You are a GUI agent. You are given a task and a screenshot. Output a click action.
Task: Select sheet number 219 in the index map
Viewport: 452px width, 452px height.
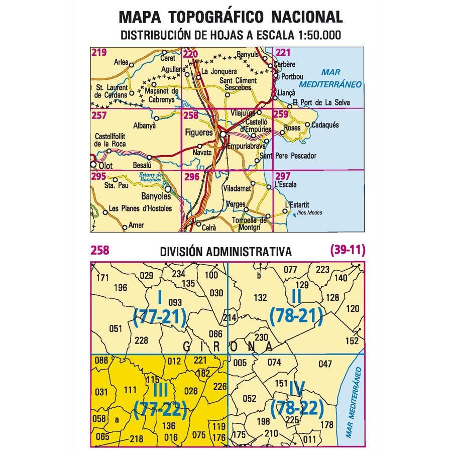(98, 52)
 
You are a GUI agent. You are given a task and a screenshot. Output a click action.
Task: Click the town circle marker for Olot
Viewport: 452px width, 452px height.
(93, 164)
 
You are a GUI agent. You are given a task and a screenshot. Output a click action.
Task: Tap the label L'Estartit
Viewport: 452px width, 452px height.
(295, 205)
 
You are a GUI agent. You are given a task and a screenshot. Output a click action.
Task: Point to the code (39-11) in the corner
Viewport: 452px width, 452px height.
(347, 250)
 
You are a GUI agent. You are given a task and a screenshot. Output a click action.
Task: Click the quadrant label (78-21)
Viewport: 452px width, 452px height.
(296, 316)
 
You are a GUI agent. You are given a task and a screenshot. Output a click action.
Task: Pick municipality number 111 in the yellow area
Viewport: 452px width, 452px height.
(130, 390)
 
